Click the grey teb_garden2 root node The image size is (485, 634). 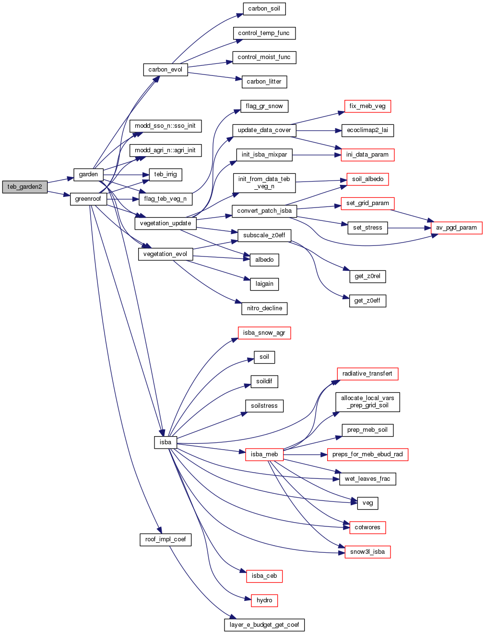tap(24, 187)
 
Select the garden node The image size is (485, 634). tap(88, 174)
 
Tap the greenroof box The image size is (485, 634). tap(88, 199)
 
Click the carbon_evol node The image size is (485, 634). tap(165, 70)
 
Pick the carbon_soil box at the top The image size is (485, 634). tap(264, 9)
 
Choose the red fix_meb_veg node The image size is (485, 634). tap(367, 106)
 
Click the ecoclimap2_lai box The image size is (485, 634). tap(367, 130)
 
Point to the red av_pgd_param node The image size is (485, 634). tap(456, 228)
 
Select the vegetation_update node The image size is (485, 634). tap(166, 223)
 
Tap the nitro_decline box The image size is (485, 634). tap(264, 308)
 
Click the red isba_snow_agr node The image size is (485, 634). tap(264, 333)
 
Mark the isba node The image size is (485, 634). tap(166, 442)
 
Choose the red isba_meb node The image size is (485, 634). tap(264, 454)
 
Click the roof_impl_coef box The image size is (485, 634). tap(166, 539)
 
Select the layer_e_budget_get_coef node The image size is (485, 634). tap(264, 625)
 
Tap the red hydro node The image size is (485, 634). tap(264, 600)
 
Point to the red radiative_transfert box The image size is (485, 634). tap(367, 374)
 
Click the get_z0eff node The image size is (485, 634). tap(367, 301)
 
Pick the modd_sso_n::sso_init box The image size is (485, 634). tap(166, 126)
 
